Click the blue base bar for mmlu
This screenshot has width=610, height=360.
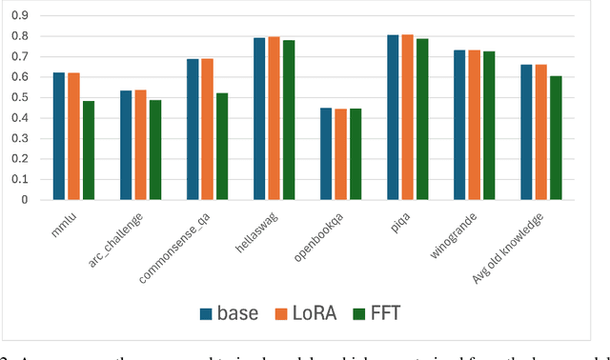point(59,136)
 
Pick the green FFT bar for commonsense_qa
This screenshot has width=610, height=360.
point(221,147)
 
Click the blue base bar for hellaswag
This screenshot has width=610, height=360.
point(259,119)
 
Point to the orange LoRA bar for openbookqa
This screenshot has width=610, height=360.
point(340,154)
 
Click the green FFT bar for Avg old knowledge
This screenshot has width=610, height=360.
point(555,138)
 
